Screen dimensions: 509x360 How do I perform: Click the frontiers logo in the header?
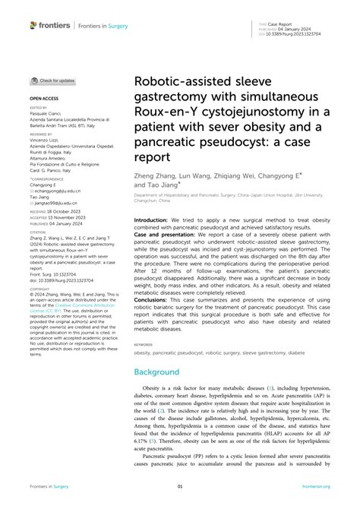pyautogui.click(x=50, y=25)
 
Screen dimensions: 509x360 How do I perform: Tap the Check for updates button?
pyautogui.click(x=52, y=80)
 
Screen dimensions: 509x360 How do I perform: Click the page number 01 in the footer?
pyautogui.click(x=180, y=486)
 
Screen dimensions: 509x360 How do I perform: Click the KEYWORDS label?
pyautogui.click(x=144, y=343)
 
